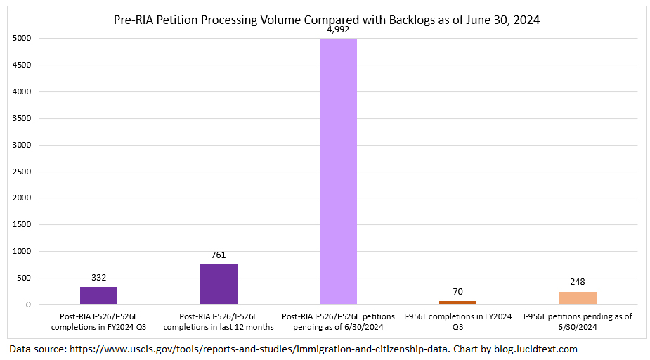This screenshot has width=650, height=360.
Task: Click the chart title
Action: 326,20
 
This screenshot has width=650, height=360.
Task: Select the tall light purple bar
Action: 338,172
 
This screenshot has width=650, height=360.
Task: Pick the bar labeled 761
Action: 219,284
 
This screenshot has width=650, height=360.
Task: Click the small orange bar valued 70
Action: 458,302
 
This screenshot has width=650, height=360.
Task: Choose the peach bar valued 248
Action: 578,298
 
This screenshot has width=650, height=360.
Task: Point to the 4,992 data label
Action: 338,30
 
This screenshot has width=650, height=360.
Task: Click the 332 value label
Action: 98,278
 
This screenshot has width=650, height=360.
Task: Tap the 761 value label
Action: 219,255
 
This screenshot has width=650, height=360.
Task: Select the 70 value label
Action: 458,292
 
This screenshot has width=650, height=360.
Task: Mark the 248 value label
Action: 578,282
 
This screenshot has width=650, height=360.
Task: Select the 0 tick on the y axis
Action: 29,304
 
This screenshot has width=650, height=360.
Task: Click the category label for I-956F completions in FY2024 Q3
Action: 458,321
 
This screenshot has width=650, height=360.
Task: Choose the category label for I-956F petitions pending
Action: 578,321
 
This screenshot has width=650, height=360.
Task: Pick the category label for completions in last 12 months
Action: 219,321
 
